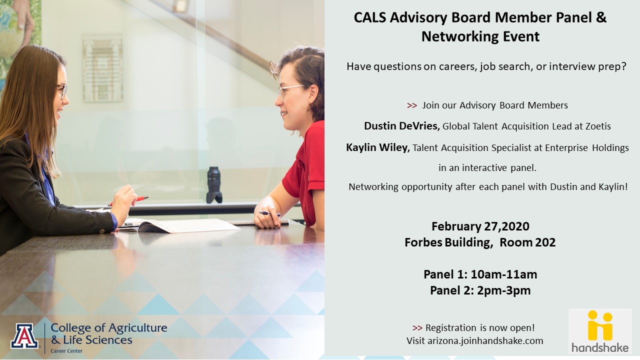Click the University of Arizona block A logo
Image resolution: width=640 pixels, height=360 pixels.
pos(24,336)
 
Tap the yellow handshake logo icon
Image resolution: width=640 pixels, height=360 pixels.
pos(600,325)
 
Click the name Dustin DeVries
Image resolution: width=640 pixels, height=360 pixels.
pos(401,125)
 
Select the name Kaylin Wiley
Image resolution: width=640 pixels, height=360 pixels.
pos(378,147)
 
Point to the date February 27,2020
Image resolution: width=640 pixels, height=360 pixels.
pos(480,226)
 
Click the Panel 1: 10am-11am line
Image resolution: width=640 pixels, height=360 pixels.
pos(480,274)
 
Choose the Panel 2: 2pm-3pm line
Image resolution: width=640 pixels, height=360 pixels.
pos(480,290)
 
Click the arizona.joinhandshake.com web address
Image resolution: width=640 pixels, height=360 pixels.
pos(485,341)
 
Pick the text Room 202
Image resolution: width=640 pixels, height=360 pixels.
pos(527,242)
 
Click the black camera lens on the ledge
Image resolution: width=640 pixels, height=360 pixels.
pos(214,185)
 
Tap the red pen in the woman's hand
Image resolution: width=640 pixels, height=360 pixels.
pos(129,200)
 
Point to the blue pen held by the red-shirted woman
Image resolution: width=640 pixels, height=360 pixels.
pos(269,213)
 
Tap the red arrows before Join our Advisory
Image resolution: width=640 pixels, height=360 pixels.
pos(411,105)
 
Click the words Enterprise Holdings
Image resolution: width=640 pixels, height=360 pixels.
pos(587,148)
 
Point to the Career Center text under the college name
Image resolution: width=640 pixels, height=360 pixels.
pos(66,351)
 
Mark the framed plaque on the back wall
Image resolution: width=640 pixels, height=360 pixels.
pos(103,68)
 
